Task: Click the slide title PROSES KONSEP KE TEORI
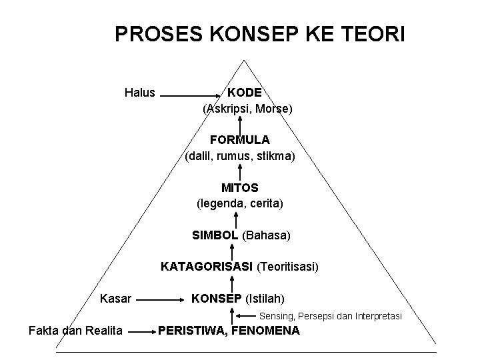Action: point(259,34)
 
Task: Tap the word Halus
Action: point(140,93)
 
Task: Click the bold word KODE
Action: point(245,93)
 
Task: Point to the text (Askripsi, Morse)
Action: point(247,108)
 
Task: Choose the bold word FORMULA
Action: point(239,140)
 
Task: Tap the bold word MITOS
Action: point(240,189)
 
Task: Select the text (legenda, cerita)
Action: point(240,203)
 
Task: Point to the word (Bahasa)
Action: point(267,235)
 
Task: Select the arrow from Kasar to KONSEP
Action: point(159,300)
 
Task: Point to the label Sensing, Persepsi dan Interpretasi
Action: point(331,315)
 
